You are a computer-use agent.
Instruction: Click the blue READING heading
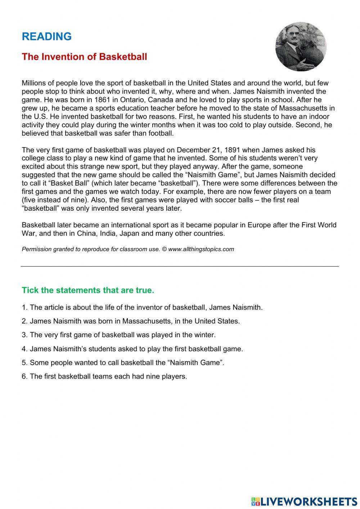click(47, 36)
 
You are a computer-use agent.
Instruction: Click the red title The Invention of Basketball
click(84, 57)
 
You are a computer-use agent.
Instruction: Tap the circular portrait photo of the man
click(301, 46)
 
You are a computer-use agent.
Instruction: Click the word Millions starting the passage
click(35, 83)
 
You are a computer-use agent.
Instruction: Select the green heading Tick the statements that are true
click(88, 290)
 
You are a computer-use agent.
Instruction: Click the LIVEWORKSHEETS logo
click(304, 501)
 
